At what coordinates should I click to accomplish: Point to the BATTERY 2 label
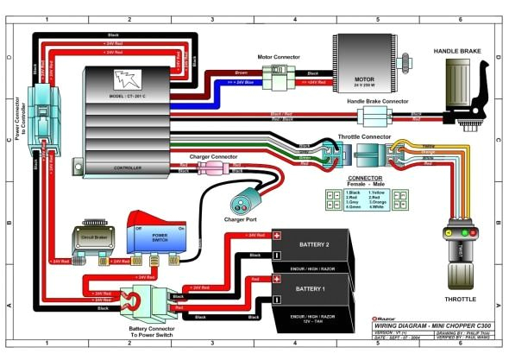pyautogui.click(x=316, y=245)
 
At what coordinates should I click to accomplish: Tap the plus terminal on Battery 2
pyautogui.click(x=278, y=236)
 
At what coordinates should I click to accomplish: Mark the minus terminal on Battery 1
pyautogui.click(x=278, y=299)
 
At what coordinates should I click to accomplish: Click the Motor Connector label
pyautogui.click(x=277, y=57)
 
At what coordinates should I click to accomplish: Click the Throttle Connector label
pyautogui.click(x=361, y=136)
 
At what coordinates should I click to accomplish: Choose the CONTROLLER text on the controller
pyautogui.click(x=127, y=167)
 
